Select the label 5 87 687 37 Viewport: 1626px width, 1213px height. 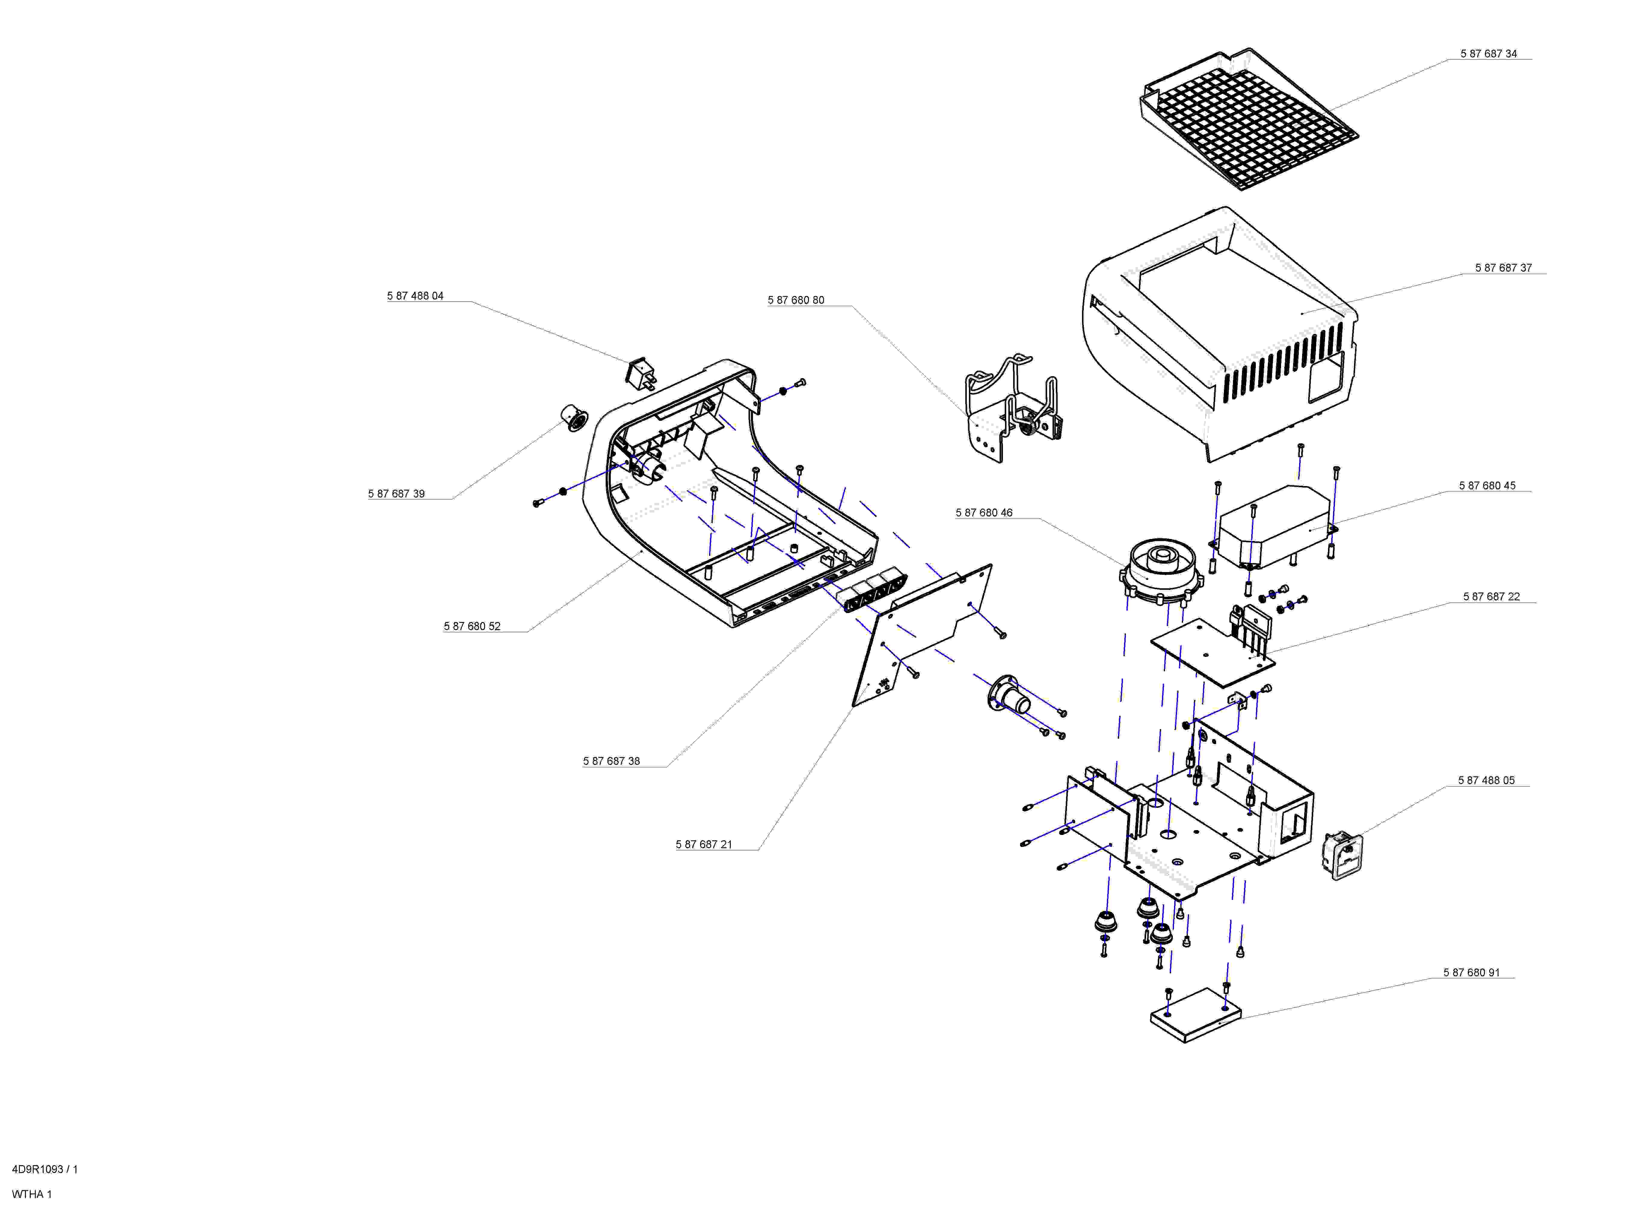click(1503, 268)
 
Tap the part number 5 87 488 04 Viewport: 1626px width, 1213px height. click(416, 296)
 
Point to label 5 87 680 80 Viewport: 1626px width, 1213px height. click(796, 300)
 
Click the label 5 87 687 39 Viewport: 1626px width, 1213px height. click(396, 494)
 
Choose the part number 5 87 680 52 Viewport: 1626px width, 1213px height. click(472, 626)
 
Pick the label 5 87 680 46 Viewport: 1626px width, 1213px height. click(984, 513)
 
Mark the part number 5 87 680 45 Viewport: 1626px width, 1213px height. click(1487, 486)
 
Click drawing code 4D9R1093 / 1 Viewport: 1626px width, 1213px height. click(45, 1170)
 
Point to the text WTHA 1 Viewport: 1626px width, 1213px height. click(32, 1195)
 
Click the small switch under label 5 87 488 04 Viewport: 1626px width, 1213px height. click(641, 374)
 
